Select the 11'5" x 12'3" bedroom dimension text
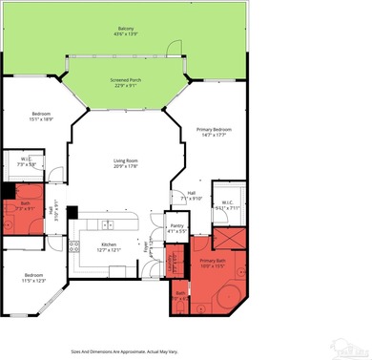pyautogui.click(x=31, y=281)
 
